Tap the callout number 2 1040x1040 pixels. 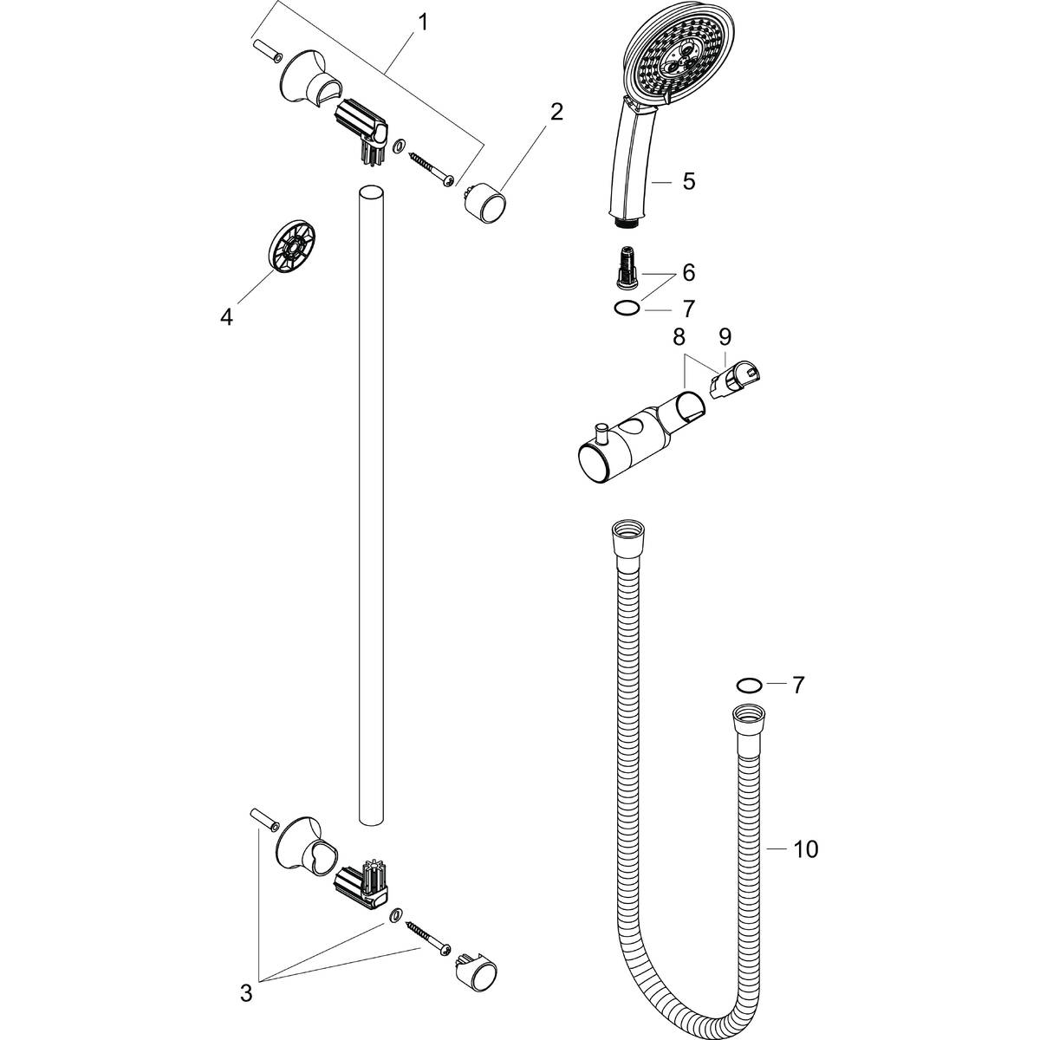pyautogui.click(x=556, y=111)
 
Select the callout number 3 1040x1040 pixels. pyautogui.click(x=246, y=993)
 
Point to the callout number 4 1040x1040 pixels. pyautogui.click(x=226, y=318)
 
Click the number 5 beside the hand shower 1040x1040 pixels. pyautogui.click(x=688, y=181)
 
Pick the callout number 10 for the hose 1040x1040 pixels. pyautogui.click(x=805, y=850)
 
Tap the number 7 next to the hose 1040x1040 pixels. pyautogui.click(x=797, y=686)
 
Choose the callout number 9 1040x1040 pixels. pyautogui.click(x=725, y=335)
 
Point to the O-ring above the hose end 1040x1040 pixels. pyautogui.click(x=748, y=686)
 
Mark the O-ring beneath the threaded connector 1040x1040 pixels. pyautogui.click(x=626, y=307)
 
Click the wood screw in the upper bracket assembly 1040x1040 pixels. pyautogui.click(x=432, y=169)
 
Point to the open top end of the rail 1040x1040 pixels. pyautogui.click(x=369, y=192)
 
